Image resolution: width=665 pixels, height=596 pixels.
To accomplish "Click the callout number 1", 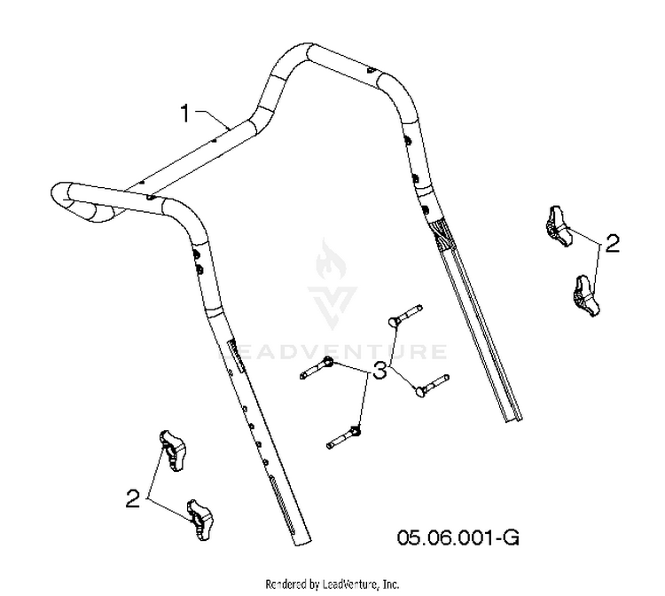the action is tap(185, 114).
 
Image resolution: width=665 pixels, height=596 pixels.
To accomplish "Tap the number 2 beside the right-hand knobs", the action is tap(612, 244).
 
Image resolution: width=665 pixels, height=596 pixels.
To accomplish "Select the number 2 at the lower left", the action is tap(133, 498).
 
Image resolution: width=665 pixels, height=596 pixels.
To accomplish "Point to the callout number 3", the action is tap(380, 371).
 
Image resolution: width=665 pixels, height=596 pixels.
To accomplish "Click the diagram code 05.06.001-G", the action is tap(458, 537).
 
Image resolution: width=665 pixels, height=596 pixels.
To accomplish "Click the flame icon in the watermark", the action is tap(331, 259).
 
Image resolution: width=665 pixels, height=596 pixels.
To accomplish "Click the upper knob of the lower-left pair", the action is tap(173, 451).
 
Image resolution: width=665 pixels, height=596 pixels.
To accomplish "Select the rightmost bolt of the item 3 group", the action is tap(432, 386).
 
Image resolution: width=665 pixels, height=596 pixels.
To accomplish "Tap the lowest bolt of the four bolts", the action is tap(344, 438).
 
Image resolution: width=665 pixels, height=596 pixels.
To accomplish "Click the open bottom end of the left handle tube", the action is tap(301, 540).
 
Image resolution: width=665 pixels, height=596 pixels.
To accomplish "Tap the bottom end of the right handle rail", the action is tap(514, 420).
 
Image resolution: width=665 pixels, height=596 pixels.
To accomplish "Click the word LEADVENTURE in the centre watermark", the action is tap(332, 352).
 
